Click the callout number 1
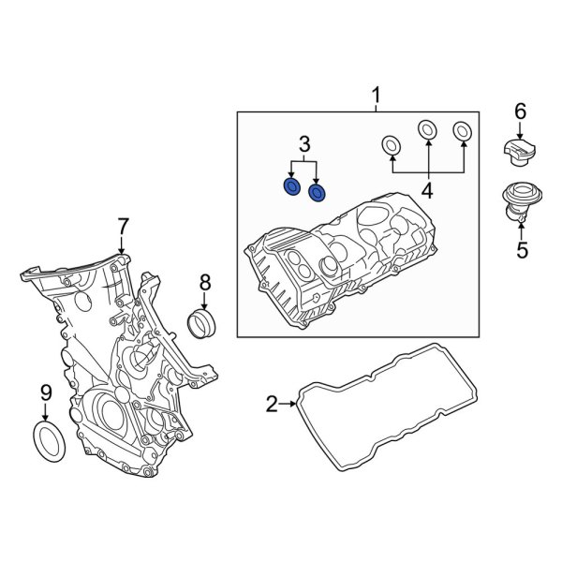[377, 95]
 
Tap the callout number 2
[272, 405]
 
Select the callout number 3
[304, 143]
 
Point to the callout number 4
[427, 192]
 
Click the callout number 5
[522, 250]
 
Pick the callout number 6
[520, 113]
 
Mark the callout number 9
[44, 393]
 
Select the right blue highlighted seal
[318, 194]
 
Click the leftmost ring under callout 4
[391, 145]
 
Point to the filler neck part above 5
[516, 200]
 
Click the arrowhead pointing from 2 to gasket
[292, 405]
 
